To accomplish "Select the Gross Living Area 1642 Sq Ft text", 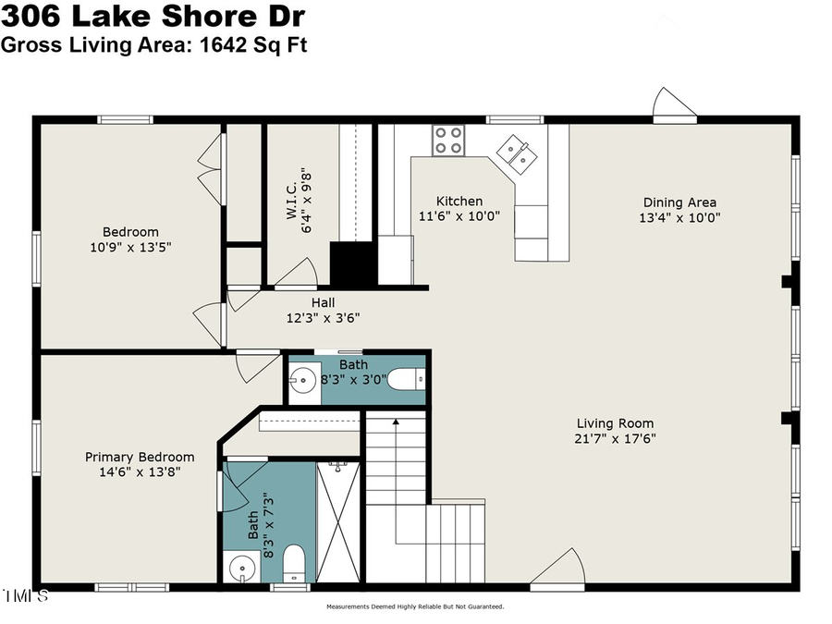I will [x=153, y=43].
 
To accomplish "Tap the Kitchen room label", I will [x=459, y=202].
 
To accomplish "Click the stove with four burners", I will [x=448, y=141].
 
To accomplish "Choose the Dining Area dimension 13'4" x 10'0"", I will [x=679, y=218].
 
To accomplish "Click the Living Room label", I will [x=615, y=423].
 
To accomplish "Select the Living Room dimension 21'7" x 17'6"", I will [x=615, y=439].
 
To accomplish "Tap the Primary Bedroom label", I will [x=140, y=457].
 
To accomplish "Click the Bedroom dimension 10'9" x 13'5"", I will [x=130, y=247].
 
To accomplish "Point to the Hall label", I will [x=323, y=302].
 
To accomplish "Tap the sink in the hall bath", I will [x=302, y=379].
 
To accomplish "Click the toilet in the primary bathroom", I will [x=293, y=560].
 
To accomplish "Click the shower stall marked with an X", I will [x=338, y=522].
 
